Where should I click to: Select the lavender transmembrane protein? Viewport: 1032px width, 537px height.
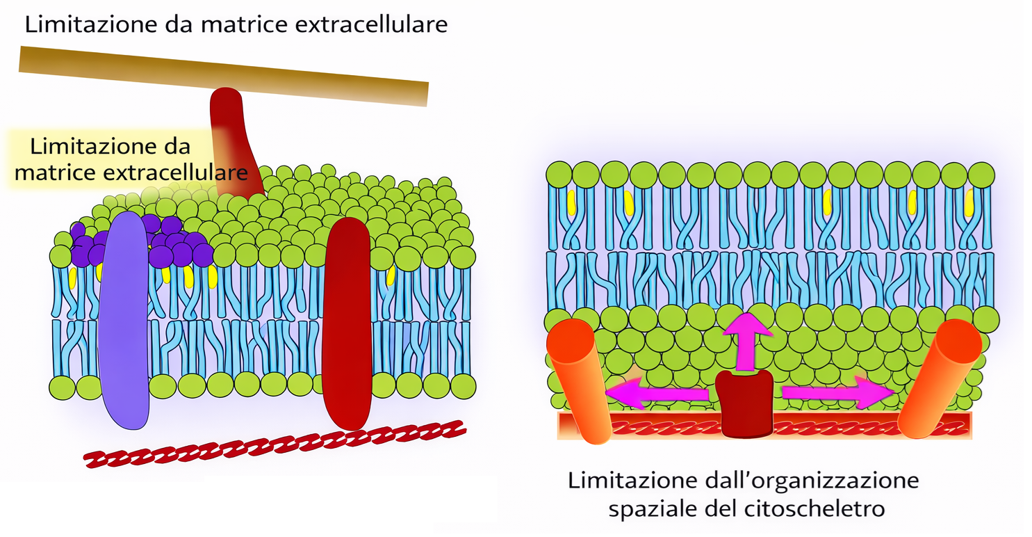pos(124,320)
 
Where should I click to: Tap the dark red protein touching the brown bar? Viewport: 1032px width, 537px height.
pos(232,139)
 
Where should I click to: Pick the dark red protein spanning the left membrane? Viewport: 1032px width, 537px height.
pos(347,323)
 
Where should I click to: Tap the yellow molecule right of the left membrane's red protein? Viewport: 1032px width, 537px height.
pos(391,275)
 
